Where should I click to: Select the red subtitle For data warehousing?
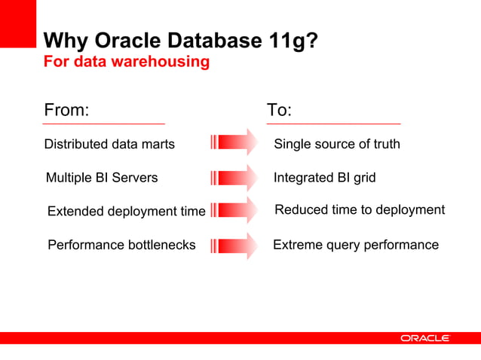pyautogui.click(x=126, y=62)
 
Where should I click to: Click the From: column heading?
pyautogui.click(x=66, y=110)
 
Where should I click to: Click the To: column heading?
pyautogui.click(x=279, y=110)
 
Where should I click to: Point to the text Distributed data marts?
pyautogui.click(x=109, y=144)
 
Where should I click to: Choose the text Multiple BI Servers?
pyautogui.click(x=102, y=178)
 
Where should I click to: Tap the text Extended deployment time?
pyautogui.click(x=126, y=212)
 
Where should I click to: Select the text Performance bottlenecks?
pyautogui.click(x=121, y=245)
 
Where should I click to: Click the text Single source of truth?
pyautogui.click(x=336, y=144)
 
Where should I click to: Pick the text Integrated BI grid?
pyautogui.click(x=324, y=178)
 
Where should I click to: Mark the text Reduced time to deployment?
pyautogui.click(x=360, y=210)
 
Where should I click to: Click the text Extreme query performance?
pyautogui.click(x=355, y=245)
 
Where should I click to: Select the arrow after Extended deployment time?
pyautogui.click(x=234, y=211)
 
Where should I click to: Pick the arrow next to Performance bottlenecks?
pyautogui.click(x=234, y=246)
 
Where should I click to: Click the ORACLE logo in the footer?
pyautogui.click(x=425, y=339)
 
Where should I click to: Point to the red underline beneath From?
pyautogui.click(x=104, y=123)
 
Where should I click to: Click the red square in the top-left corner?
pyautogui.click(x=17, y=23)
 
